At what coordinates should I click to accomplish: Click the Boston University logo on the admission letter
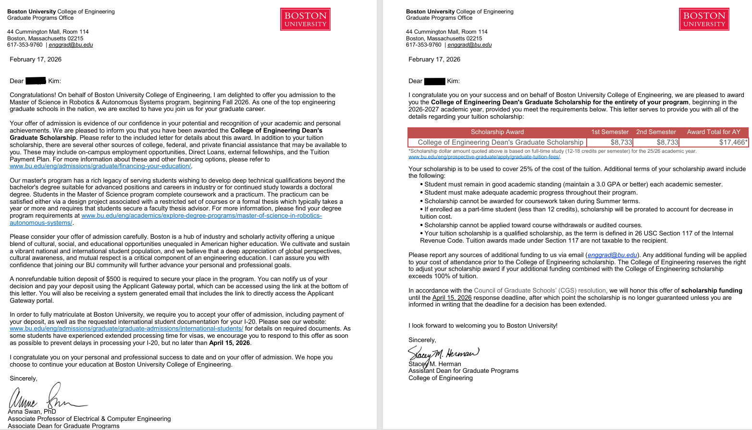[305, 19]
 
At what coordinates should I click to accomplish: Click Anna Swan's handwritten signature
[48, 397]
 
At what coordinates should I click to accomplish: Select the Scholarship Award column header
[497, 132]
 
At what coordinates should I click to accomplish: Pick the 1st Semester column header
[609, 132]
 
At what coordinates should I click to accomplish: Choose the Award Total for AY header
[714, 132]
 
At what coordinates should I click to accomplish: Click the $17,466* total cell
[733, 142]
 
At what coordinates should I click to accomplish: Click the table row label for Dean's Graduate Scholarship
[500, 142]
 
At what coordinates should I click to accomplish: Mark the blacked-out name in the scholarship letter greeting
[434, 81]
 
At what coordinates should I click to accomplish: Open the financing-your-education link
[100, 166]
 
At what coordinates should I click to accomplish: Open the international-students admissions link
[126, 329]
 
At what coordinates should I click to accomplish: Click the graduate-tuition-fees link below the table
[484, 157]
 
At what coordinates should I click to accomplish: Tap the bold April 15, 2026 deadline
[229, 343]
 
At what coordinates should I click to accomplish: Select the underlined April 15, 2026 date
[452, 298]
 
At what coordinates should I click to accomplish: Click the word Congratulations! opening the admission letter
[33, 95]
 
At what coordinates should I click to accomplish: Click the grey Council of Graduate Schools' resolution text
[540, 291]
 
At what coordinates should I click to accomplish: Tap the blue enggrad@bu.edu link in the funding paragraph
[612, 255]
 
